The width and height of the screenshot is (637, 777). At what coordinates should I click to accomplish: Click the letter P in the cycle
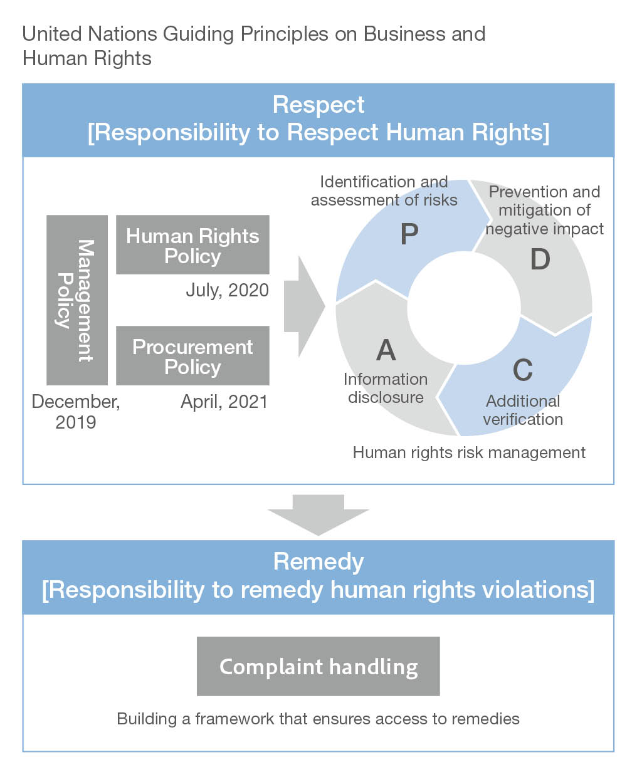409,234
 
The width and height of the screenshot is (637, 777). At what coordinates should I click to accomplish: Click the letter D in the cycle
540,259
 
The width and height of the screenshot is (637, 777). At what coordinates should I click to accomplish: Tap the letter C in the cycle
522,370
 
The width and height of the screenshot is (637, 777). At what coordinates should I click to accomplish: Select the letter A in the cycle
386,350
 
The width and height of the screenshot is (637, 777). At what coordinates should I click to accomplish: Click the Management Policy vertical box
77,300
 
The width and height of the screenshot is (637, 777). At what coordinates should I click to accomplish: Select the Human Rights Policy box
192,245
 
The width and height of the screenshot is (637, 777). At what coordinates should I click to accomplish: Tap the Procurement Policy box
192,356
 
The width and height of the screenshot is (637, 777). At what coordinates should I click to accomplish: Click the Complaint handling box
318,666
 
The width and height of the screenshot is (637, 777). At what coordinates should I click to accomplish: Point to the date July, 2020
227,290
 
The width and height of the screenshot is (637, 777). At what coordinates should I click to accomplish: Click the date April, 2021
224,402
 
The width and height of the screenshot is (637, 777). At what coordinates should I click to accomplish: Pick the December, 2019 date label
75,412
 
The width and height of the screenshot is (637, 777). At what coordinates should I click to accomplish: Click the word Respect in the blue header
318,105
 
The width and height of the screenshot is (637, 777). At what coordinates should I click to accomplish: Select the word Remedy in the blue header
318,561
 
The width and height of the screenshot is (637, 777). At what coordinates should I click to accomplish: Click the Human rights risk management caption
469,452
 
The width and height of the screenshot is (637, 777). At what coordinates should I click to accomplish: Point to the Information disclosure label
386,388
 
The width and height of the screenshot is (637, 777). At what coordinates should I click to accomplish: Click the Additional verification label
523,410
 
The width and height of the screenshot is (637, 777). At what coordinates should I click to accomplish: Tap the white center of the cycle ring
464,308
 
